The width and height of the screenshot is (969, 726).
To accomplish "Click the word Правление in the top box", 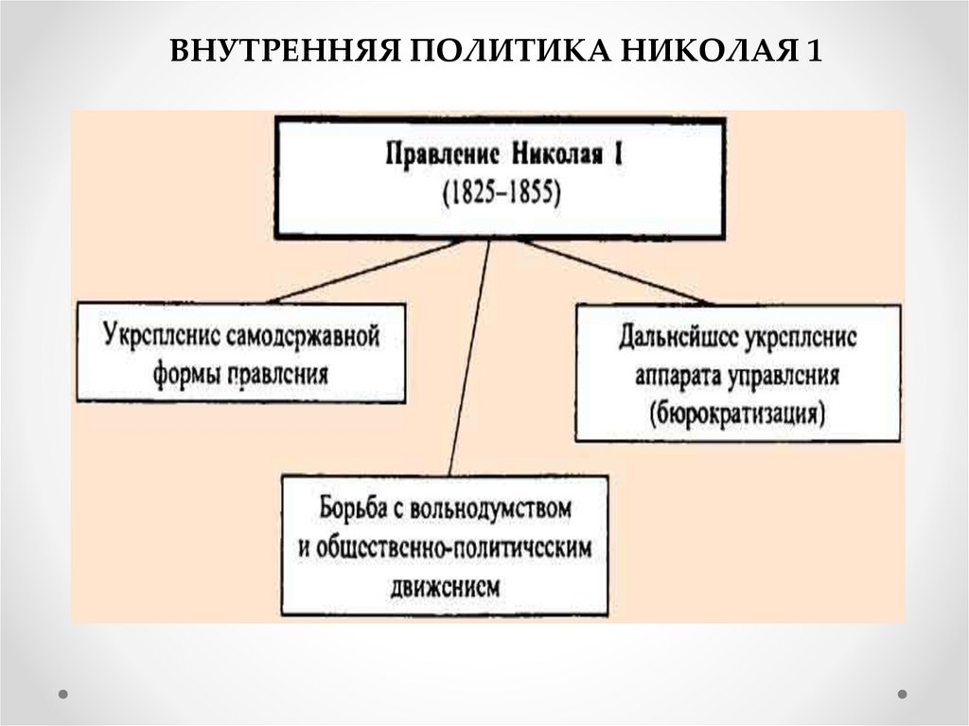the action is click(x=440, y=152).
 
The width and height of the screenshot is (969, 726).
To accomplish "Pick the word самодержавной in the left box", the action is click(x=305, y=336).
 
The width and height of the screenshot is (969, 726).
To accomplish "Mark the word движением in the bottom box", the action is click(x=444, y=587).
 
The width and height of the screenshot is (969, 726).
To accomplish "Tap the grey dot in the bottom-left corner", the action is click(x=64, y=694).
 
